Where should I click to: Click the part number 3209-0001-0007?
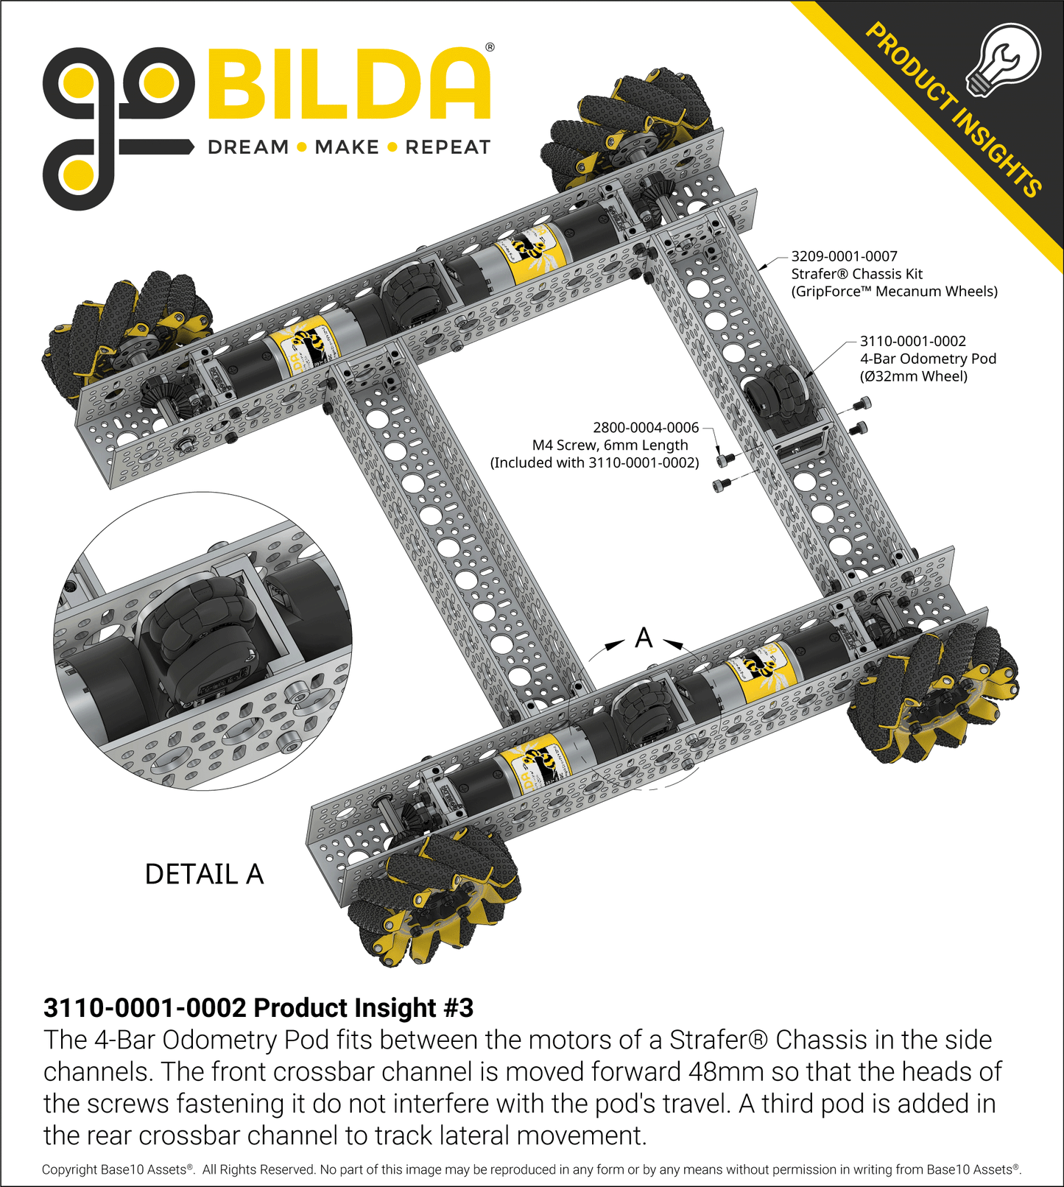click(x=844, y=256)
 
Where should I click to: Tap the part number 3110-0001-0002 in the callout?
click(x=912, y=341)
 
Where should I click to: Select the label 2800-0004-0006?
click(x=645, y=427)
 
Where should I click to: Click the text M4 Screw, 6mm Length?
click(x=610, y=445)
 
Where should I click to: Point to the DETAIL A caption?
click(x=204, y=874)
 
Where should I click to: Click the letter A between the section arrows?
click(x=644, y=638)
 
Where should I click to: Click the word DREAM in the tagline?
click(x=248, y=147)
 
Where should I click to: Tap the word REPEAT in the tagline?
click(x=448, y=147)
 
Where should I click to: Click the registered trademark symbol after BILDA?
click(x=490, y=48)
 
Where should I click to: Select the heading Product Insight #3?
click(x=258, y=1007)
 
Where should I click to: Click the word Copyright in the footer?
click(x=70, y=1169)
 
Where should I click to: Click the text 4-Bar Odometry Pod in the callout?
click(x=928, y=359)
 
